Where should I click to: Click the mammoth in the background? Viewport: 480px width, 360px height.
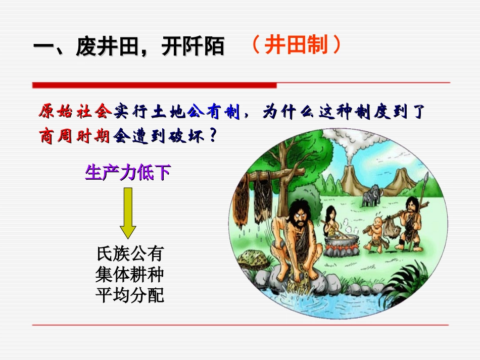tap(371, 195)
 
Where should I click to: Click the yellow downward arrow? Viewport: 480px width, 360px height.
tap(128, 213)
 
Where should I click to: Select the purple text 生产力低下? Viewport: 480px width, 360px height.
tap(128, 173)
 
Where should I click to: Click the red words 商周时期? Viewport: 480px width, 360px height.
tap(74, 136)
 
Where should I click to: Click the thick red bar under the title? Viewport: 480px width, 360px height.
tap(154, 85)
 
